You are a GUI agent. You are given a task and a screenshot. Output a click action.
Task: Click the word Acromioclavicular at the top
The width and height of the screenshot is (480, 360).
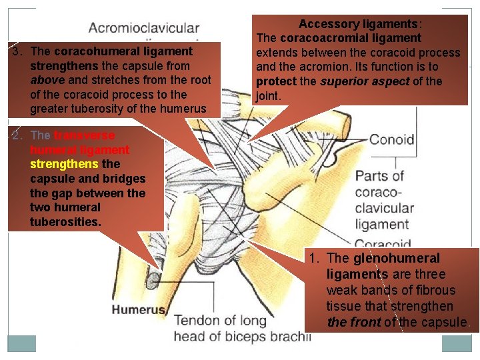pyautogui.click(x=144, y=28)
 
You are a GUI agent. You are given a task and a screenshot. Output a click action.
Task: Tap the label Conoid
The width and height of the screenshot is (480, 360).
pyautogui.click(x=391, y=140)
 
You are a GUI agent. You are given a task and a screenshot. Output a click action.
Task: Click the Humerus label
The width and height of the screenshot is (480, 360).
pyautogui.click(x=138, y=310)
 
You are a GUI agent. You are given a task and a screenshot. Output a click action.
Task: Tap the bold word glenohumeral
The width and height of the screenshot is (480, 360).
pyautogui.click(x=397, y=258)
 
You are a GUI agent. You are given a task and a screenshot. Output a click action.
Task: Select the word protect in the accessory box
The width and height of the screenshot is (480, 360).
pyautogui.click(x=277, y=81)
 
